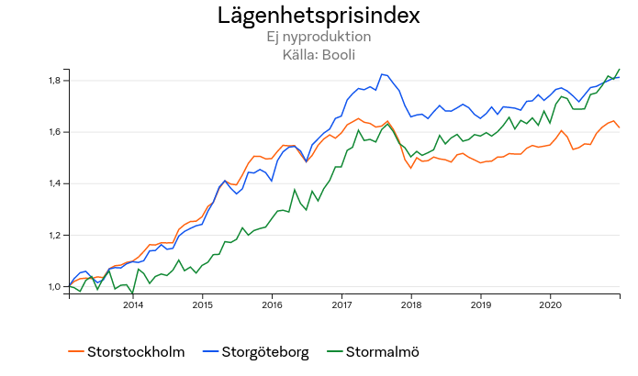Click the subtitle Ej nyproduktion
pyautogui.click(x=319, y=37)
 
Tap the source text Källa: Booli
pyautogui.click(x=319, y=54)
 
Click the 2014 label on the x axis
pyautogui.click(x=133, y=304)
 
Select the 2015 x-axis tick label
pyautogui.click(x=203, y=304)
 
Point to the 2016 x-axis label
pyautogui.click(x=272, y=304)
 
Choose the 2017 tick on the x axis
pyautogui.click(x=341, y=304)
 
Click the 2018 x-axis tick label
pyautogui.click(x=410, y=304)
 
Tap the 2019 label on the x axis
pyautogui.click(x=480, y=304)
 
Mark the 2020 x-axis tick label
pyautogui.click(x=549, y=304)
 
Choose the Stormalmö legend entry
pyautogui.click(x=374, y=351)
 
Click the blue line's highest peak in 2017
pyautogui.click(x=382, y=73)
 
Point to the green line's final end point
pyautogui.click(x=620, y=69)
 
